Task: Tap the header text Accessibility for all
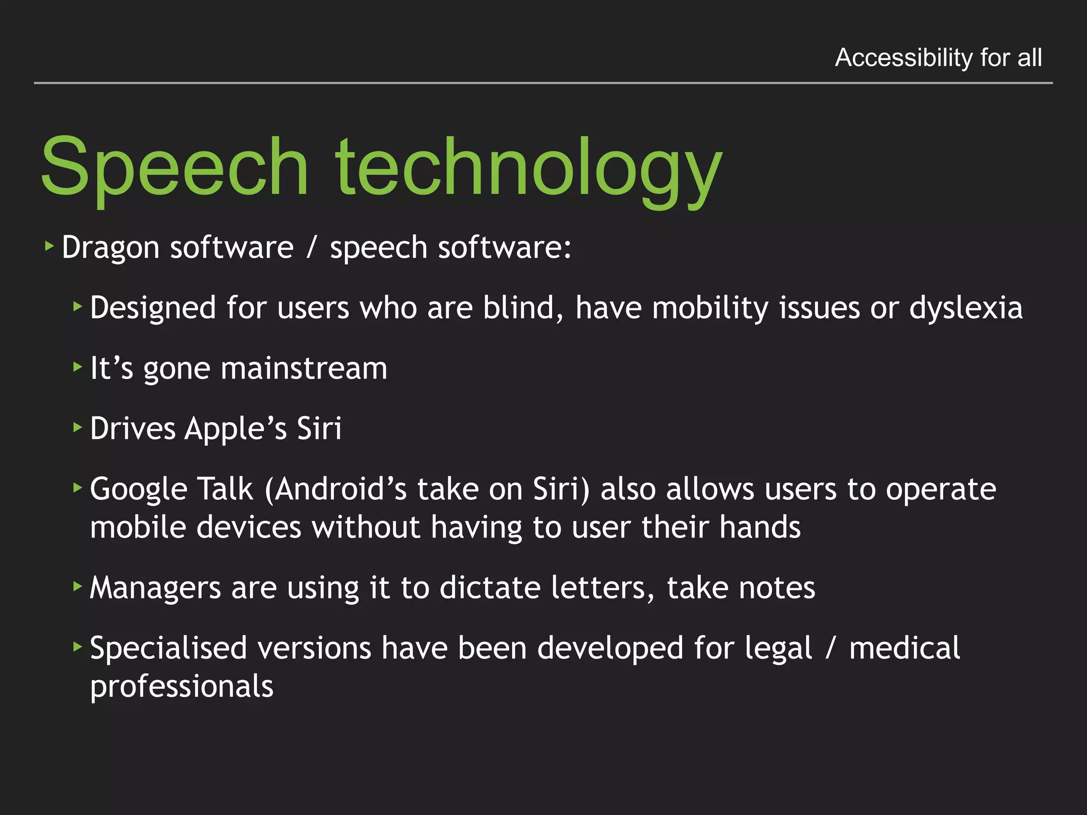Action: [x=938, y=57]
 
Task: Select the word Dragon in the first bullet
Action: [x=110, y=248]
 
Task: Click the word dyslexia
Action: [x=965, y=308]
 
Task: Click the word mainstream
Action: [x=304, y=368]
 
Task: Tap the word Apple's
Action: [x=235, y=429]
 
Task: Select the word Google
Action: [x=139, y=489]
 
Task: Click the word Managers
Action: [x=156, y=588]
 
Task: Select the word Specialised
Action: [x=168, y=648]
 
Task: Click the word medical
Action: [x=904, y=648]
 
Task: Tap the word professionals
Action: [x=182, y=687]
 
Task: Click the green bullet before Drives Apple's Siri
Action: [x=78, y=427]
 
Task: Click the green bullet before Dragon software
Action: [x=50, y=246]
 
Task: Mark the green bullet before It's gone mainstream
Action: [x=78, y=366]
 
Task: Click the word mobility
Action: [x=710, y=308]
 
